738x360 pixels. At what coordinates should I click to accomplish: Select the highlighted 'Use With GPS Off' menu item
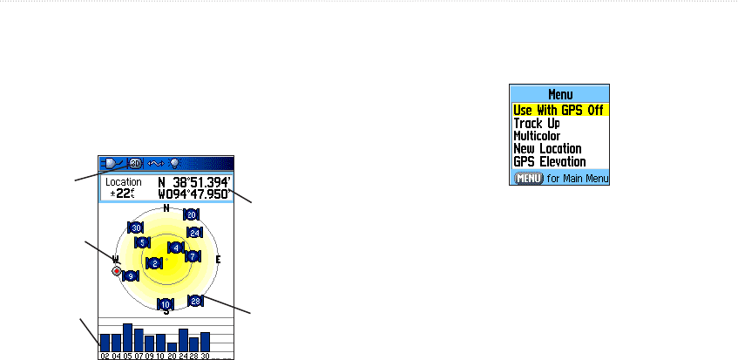tap(559, 111)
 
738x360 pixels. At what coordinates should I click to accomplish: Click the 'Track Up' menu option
tap(536, 124)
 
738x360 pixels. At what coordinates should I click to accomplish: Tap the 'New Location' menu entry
tap(547, 149)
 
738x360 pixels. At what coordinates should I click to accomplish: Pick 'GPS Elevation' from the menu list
tap(549, 162)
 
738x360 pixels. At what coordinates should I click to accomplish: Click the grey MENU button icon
tap(528, 178)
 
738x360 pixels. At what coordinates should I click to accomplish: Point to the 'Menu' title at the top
tap(559, 94)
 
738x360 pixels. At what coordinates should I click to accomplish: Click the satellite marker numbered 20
tap(192, 214)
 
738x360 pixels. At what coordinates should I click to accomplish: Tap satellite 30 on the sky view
tap(136, 228)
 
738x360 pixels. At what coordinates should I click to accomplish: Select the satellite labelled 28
tap(196, 301)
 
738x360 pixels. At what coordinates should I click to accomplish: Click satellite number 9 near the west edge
tap(130, 276)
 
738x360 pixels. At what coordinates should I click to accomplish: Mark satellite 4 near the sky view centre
tap(176, 248)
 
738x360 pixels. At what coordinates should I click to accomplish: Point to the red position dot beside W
tap(117, 271)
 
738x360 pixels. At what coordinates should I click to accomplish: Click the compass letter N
tap(166, 207)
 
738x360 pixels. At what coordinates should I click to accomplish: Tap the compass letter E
tap(218, 260)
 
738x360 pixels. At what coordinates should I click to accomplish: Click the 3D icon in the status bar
tap(136, 163)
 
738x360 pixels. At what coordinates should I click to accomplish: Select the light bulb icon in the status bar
tap(174, 163)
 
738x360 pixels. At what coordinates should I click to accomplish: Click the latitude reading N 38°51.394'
tap(193, 182)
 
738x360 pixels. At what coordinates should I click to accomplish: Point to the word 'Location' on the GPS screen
tap(124, 182)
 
